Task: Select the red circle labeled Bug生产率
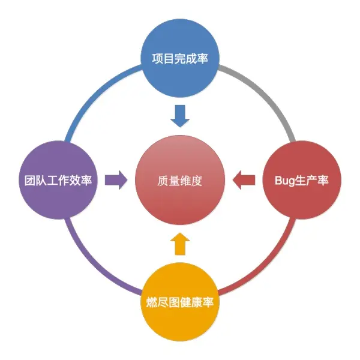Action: (x=302, y=180)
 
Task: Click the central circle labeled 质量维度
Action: (x=180, y=180)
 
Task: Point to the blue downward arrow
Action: (x=180, y=115)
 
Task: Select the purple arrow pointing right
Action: (x=116, y=179)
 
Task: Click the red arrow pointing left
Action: (x=244, y=179)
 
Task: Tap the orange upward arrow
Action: (x=180, y=244)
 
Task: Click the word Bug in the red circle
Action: (x=284, y=181)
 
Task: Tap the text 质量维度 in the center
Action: (x=180, y=181)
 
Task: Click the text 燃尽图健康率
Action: (x=180, y=302)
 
